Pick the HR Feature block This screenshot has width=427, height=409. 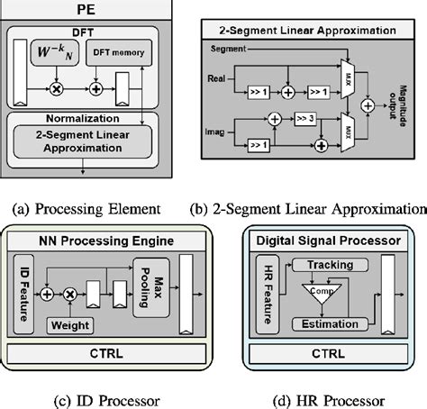pos(262,288)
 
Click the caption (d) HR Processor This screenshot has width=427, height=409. pos(320,398)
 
